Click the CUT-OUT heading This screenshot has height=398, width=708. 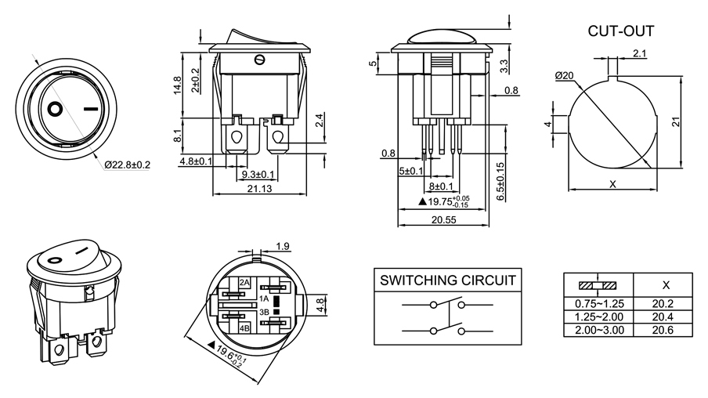click(620, 32)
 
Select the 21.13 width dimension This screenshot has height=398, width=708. click(259, 188)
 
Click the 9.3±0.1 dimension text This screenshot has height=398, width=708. click(258, 174)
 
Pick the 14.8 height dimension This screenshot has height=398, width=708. click(178, 85)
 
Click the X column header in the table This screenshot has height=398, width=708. click(666, 284)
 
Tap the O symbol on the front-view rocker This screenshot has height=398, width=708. click(56, 108)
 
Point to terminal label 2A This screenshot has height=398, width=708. click(245, 282)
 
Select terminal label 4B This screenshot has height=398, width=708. click(244, 327)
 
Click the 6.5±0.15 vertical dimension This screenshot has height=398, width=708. click(500, 182)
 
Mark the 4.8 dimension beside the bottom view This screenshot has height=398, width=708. click(320, 304)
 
